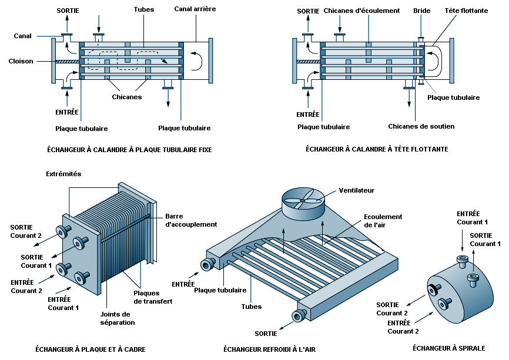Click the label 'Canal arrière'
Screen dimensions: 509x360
click(x=195, y=9)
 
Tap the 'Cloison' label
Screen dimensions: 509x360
click(x=21, y=61)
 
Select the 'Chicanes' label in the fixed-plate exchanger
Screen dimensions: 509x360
click(x=126, y=97)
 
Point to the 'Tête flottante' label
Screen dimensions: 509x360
click(x=466, y=11)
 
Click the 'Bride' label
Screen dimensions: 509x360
click(x=421, y=11)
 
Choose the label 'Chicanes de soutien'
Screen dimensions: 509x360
click(x=421, y=126)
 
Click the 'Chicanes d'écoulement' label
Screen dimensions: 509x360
click(x=361, y=11)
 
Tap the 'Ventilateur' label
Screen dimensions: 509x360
click(x=356, y=190)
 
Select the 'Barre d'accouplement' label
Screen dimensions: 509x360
click(x=191, y=220)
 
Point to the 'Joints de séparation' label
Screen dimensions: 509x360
click(x=117, y=318)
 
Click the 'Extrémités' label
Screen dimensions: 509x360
click(x=63, y=174)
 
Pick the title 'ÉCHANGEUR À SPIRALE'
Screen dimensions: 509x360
click(x=449, y=348)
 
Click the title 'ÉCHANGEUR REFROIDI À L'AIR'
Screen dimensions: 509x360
click(x=269, y=349)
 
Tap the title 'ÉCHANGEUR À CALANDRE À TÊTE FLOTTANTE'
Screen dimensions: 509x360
click(x=377, y=149)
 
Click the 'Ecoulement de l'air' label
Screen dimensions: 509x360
click(x=383, y=221)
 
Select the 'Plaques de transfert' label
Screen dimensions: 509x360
click(x=153, y=297)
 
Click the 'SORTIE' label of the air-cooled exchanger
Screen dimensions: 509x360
click(x=266, y=334)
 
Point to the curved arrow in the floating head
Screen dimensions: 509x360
click(x=435, y=60)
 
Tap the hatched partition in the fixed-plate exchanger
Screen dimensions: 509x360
click(x=67, y=61)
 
